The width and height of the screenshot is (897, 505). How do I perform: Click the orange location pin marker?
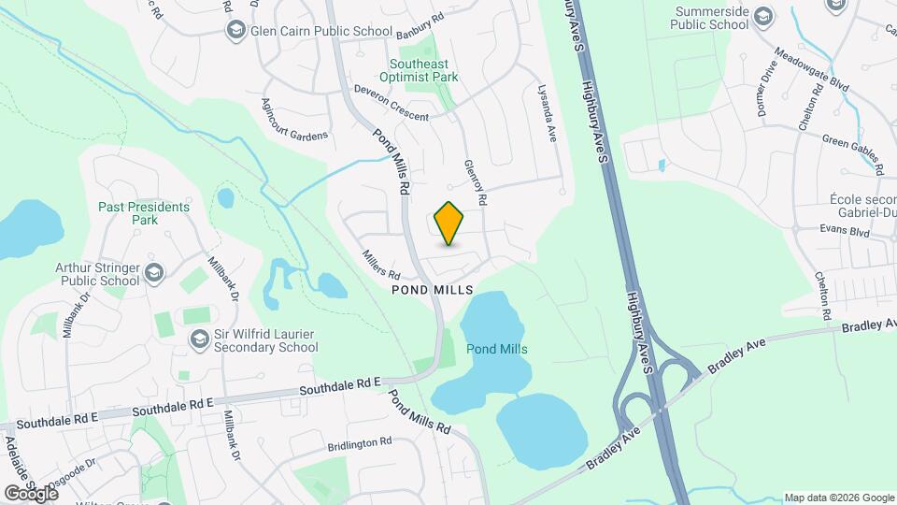[449, 223]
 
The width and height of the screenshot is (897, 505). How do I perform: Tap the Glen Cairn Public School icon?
[235, 32]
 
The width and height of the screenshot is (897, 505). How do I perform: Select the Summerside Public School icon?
[764, 15]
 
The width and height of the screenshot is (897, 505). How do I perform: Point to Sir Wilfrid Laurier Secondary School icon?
[199, 339]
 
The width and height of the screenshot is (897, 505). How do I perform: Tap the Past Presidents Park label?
[145, 213]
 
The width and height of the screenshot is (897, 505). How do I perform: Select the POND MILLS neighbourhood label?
[433, 290]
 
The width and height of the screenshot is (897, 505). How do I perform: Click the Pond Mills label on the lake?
[497, 349]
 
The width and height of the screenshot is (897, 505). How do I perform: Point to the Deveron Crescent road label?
[390, 103]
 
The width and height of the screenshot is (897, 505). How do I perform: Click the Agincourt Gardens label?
[294, 121]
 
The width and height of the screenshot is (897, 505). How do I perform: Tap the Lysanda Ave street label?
[546, 112]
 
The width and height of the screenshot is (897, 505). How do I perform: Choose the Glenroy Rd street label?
[476, 182]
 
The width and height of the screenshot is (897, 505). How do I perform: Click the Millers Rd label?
[381, 263]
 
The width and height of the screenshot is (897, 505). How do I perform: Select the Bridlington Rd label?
[360, 441]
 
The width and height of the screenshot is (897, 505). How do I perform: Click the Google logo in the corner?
[31, 493]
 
